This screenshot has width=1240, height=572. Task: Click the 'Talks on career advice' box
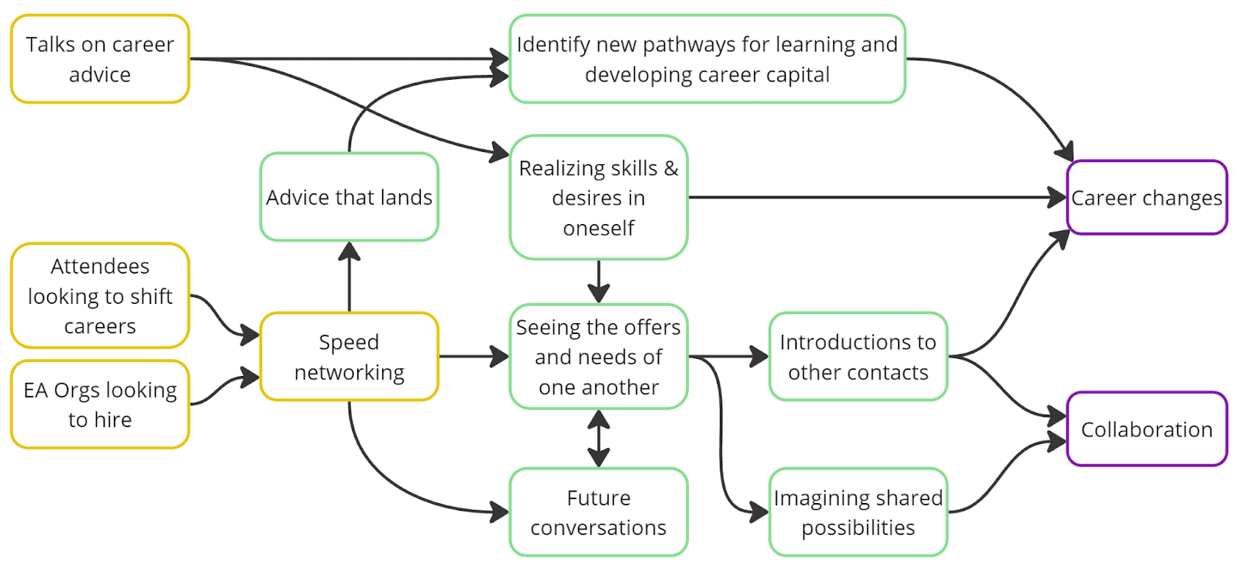pos(100,59)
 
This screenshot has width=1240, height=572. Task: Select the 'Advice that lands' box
pos(349,197)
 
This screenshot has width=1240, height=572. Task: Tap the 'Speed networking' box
pos(349,357)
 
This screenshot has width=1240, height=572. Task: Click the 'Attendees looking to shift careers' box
pos(100,296)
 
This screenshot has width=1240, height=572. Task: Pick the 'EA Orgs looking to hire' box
pos(100,405)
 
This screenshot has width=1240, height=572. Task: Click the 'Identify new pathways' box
pos(707,59)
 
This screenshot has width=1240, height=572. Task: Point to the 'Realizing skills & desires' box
pos(598,198)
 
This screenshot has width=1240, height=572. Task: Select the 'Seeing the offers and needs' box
pos(598,357)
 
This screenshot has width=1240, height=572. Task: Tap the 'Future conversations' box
pos(598,512)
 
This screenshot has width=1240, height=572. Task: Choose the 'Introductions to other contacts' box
pos(858,357)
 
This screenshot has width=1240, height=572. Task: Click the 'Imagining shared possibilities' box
pos(858,512)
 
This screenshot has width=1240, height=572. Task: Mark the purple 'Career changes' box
pos(1146,198)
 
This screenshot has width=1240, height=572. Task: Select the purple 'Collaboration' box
pos(1146,429)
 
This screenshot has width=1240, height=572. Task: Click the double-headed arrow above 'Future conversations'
pos(598,439)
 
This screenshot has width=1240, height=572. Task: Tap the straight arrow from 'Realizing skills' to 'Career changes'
pos(876,198)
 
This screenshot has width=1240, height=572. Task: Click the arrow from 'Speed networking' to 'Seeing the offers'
pos(473,357)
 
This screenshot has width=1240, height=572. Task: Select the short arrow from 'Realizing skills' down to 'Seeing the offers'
pos(598,281)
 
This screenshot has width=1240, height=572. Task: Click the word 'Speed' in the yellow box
pos(349,342)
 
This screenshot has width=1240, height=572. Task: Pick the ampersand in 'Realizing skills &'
pos(670,168)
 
